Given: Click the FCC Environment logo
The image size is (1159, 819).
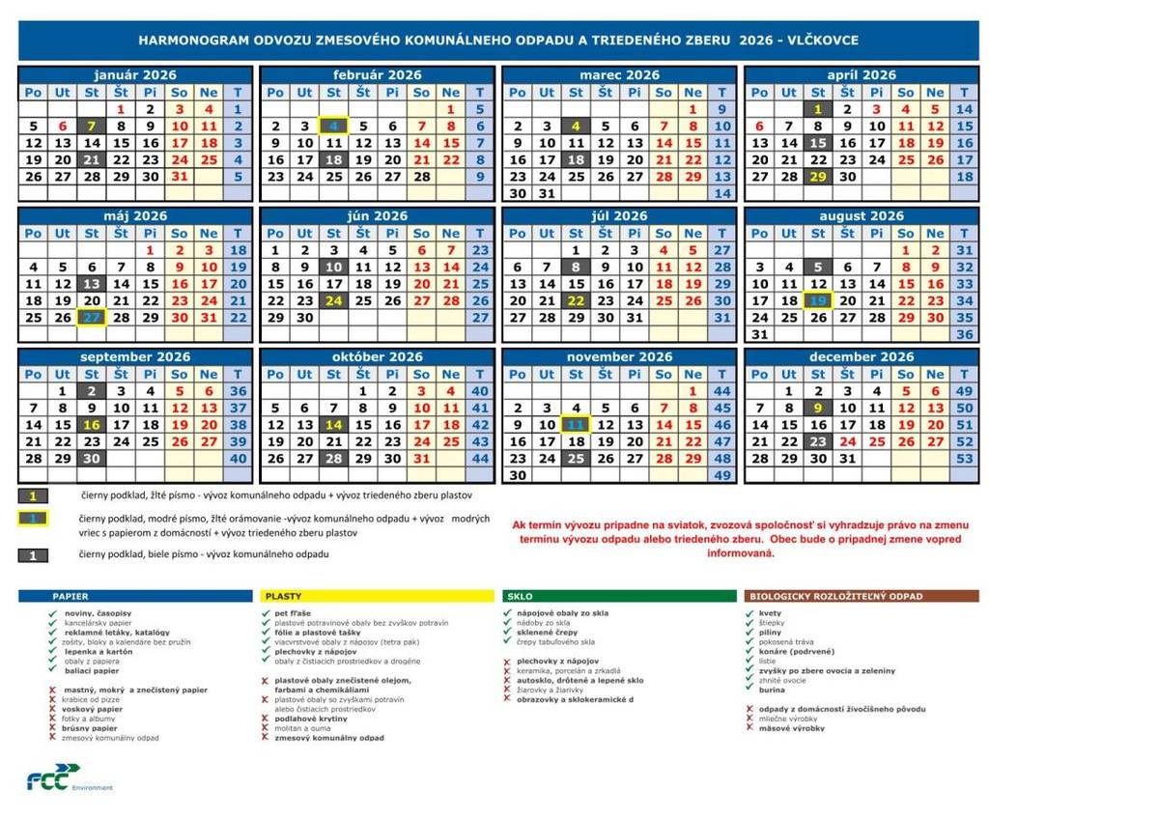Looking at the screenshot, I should click(x=69, y=779).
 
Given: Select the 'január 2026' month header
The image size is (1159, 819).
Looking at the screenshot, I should click(x=135, y=74).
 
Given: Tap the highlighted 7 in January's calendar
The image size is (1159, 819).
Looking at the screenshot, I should click(x=92, y=126).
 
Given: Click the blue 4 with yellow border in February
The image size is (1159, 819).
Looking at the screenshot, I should click(x=333, y=126).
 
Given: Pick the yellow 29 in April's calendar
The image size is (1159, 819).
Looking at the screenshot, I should click(x=818, y=177).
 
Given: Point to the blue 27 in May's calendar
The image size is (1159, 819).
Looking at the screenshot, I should click(x=92, y=318).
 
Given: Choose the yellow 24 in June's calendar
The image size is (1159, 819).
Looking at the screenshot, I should click(x=333, y=300).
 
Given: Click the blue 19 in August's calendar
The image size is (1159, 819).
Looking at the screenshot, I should click(x=818, y=300).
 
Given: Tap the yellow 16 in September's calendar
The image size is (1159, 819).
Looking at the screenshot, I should click(x=92, y=425).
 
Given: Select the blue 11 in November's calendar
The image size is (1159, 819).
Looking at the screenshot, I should click(x=576, y=425).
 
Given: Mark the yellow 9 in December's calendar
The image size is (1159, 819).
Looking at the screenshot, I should click(x=818, y=408).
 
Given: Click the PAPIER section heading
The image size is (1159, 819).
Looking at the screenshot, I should click(x=71, y=597).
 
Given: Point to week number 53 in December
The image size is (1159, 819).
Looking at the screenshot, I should click(x=964, y=459).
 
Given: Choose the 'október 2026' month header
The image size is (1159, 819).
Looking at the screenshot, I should click(x=378, y=356).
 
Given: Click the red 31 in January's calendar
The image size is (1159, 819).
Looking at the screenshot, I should click(x=179, y=177).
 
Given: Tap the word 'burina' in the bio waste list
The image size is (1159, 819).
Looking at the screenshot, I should click(x=772, y=691).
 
